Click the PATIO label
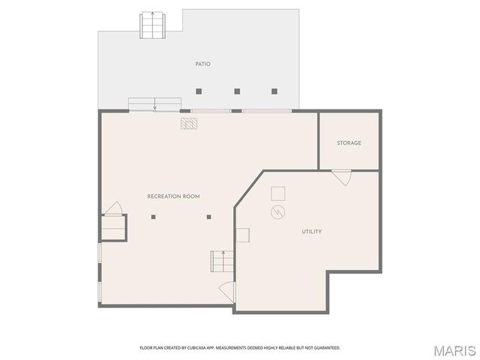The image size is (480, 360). pos(202,64)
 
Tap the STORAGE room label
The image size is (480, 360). pos(349,142)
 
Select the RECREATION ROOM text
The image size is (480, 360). pos(173,196)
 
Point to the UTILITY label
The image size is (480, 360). pos(312,232)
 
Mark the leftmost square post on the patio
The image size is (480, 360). pos(199,91)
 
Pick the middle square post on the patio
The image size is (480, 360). pos(237,91)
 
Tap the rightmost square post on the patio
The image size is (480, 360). pos(274,91)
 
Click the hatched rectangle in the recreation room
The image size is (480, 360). pos(188,123)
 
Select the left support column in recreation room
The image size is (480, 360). pos(153,217)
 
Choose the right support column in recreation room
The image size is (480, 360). pos(209,217)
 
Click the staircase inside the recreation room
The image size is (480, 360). pos(219,262)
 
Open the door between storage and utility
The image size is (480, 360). pos(342,178)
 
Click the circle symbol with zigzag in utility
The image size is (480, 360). pos(278,213)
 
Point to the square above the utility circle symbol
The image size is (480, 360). pos(277,193)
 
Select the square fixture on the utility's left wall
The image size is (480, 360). pos(243,235)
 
